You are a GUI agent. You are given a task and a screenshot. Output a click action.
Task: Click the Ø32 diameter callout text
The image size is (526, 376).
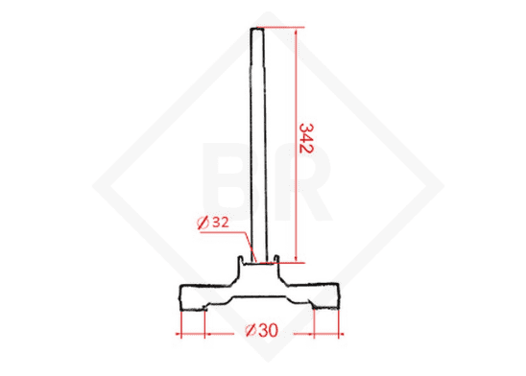tap(211, 223)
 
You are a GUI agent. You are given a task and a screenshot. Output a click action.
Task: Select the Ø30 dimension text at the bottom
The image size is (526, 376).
tap(261, 331)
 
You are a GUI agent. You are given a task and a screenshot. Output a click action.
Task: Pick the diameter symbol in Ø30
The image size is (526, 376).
tap(249, 331)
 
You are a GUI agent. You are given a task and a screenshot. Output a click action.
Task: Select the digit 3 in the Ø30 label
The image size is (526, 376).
tap(261, 331)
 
